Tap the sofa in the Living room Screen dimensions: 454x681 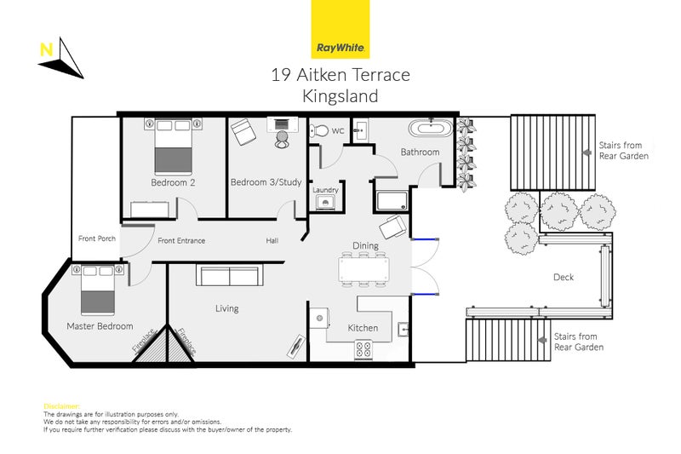tap(227, 276)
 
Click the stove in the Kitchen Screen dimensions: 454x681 tap(363, 348)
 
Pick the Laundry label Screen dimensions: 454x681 tap(325, 190)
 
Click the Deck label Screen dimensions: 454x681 tap(564, 277)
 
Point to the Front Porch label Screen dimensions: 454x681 tap(96, 239)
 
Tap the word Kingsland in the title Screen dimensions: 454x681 tap(340, 97)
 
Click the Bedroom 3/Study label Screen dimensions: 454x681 tap(260, 182)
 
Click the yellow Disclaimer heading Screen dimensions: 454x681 tap(61, 405)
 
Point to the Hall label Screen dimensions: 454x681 tap(272, 241)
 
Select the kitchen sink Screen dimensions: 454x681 tap(403, 328)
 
